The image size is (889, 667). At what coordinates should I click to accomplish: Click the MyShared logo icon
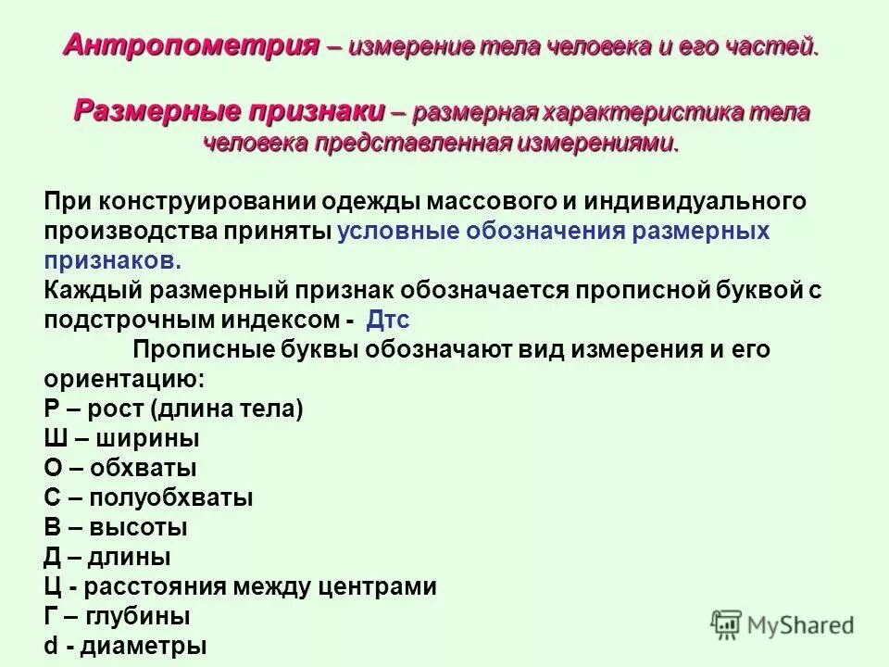[728, 624]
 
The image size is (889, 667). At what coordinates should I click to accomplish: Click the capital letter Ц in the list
[53, 587]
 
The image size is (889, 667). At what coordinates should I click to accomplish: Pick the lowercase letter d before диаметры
[52, 646]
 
